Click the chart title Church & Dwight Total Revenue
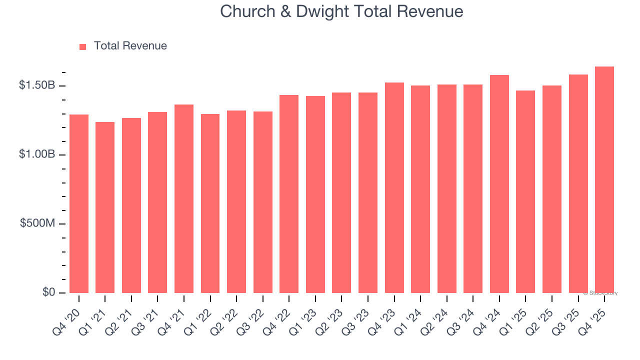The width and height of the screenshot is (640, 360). point(341,11)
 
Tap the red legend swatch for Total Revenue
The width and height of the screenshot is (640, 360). point(83,46)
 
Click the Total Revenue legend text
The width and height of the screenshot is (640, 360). point(130,46)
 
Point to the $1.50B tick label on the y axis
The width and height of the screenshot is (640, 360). point(37,85)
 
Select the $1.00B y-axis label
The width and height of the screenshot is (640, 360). point(37,154)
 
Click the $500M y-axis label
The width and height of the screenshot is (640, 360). point(38,223)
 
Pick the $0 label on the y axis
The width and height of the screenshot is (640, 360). point(48,292)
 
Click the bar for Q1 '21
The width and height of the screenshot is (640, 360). point(105,207)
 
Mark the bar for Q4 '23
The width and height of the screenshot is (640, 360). point(394,187)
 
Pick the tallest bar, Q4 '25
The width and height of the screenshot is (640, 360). point(604,179)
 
